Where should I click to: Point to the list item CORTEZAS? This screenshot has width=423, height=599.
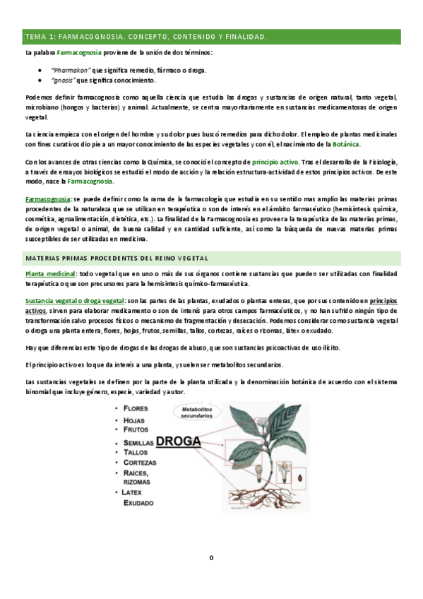pyautogui.click(x=141, y=463)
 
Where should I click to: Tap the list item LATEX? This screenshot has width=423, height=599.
pyautogui.click(x=136, y=492)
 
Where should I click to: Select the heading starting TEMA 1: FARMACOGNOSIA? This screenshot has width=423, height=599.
pyautogui.click(x=145, y=35)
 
